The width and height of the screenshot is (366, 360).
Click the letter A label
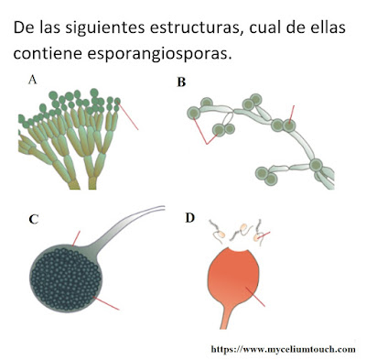point(31,81)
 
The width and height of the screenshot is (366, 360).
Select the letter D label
point(189,218)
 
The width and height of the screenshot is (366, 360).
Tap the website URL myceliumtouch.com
point(284,349)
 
